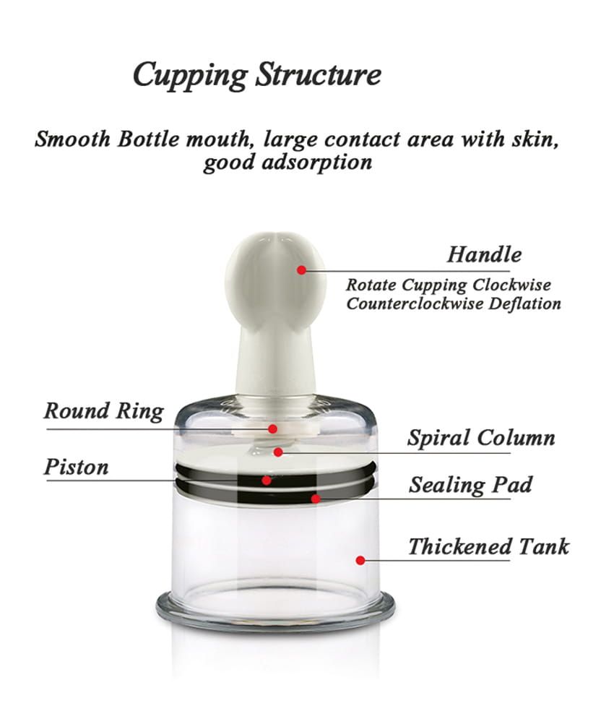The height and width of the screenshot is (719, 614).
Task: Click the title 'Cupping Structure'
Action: (256, 75)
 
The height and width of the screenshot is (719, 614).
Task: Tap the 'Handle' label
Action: (484, 254)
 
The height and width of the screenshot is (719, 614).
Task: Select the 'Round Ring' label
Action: (103, 411)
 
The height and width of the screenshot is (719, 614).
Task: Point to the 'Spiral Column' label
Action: (481, 438)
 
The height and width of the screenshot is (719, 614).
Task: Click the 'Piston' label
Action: (76, 467)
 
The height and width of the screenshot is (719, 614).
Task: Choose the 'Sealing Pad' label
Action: (470, 484)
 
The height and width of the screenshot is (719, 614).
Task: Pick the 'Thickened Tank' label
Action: (488, 546)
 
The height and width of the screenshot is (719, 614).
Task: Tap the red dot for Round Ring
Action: (272, 429)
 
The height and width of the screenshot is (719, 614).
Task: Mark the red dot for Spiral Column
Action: (279, 452)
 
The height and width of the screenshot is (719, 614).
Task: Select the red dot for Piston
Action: (267, 480)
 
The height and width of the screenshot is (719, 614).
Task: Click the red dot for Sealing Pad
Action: (315, 498)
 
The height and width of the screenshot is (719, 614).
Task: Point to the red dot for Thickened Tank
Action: (359, 559)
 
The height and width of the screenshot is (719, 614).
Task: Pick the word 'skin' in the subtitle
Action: (537, 139)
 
